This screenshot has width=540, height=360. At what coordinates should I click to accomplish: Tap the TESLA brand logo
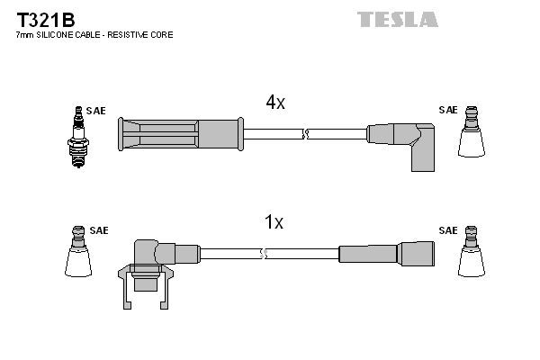pyautogui.click(x=397, y=19)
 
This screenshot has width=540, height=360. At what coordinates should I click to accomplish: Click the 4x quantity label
pyautogui.click(x=274, y=103)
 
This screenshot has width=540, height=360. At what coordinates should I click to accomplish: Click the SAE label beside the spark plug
pyautogui.click(x=96, y=111)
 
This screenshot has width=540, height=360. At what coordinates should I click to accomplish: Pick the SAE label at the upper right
pyautogui.click(x=447, y=110)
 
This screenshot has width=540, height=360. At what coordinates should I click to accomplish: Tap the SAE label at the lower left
pyautogui.click(x=98, y=230)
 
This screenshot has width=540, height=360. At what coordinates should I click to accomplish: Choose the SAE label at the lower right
pyautogui.click(x=447, y=230)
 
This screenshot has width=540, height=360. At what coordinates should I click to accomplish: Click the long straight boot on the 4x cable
pyautogui.click(x=181, y=134)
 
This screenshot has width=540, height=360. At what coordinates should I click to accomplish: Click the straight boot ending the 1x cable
pyautogui.click(x=386, y=254)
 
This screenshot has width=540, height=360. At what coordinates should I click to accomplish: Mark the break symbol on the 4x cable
pyautogui.click(x=306, y=134)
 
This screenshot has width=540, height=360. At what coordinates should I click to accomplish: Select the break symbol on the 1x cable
pyautogui.click(x=263, y=255)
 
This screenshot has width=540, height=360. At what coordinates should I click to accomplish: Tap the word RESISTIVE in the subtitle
pyautogui.click(x=129, y=34)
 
